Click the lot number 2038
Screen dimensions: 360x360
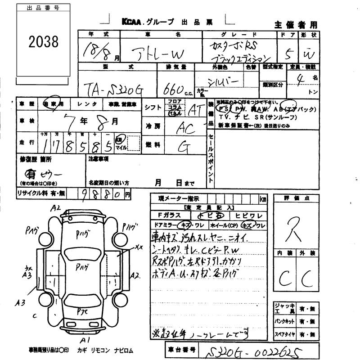point(43,42)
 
